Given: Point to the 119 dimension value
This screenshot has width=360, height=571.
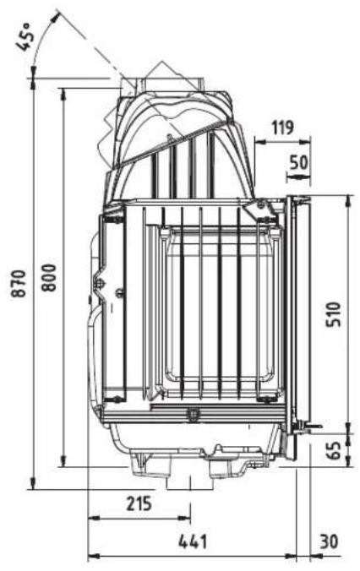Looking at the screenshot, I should (282, 128).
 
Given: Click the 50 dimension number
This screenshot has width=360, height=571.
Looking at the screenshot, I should (298, 161).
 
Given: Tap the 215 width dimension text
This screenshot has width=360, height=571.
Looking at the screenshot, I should (139, 504).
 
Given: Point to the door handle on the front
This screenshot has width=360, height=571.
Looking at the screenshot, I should (312, 423).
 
